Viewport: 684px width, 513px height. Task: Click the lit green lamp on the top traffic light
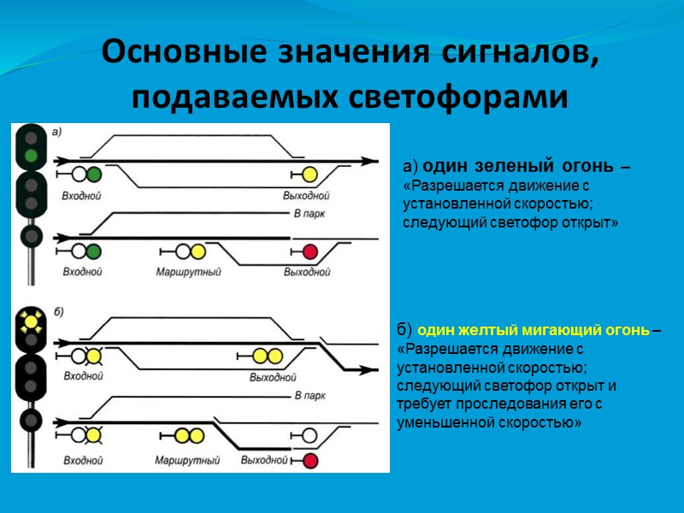(32, 156)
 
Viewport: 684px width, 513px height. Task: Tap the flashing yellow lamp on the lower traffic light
(32, 321)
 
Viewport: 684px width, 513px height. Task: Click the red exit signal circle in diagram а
(310, 251)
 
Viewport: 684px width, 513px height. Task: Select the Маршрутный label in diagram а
(189, 272)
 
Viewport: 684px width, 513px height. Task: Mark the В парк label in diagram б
(309, 397)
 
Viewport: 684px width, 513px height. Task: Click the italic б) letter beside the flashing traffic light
(57, 311)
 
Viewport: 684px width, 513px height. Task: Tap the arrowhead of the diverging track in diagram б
(370, 370)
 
